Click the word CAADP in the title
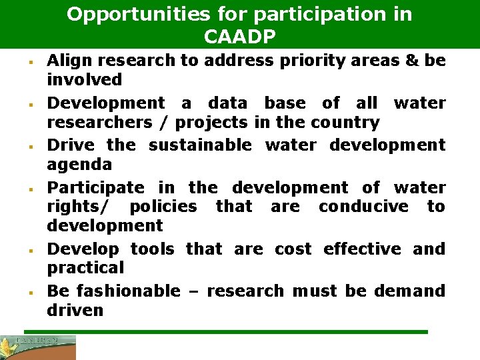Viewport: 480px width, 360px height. tap(239, 37)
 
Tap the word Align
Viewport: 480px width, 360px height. tap(69, 61)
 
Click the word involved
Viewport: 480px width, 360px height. tap(85, 80)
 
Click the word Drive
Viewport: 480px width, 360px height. tap(69, 145)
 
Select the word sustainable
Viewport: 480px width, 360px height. tap(200, 145)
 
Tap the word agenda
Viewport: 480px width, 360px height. tap(79, 164)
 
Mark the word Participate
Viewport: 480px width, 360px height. tap(95, 187)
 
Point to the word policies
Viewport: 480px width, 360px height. tap(163, 207)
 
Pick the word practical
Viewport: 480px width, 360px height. tap(85, 268)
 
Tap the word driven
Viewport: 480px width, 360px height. tap(75, 310)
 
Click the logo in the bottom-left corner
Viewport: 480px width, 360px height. tap(38, 347)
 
